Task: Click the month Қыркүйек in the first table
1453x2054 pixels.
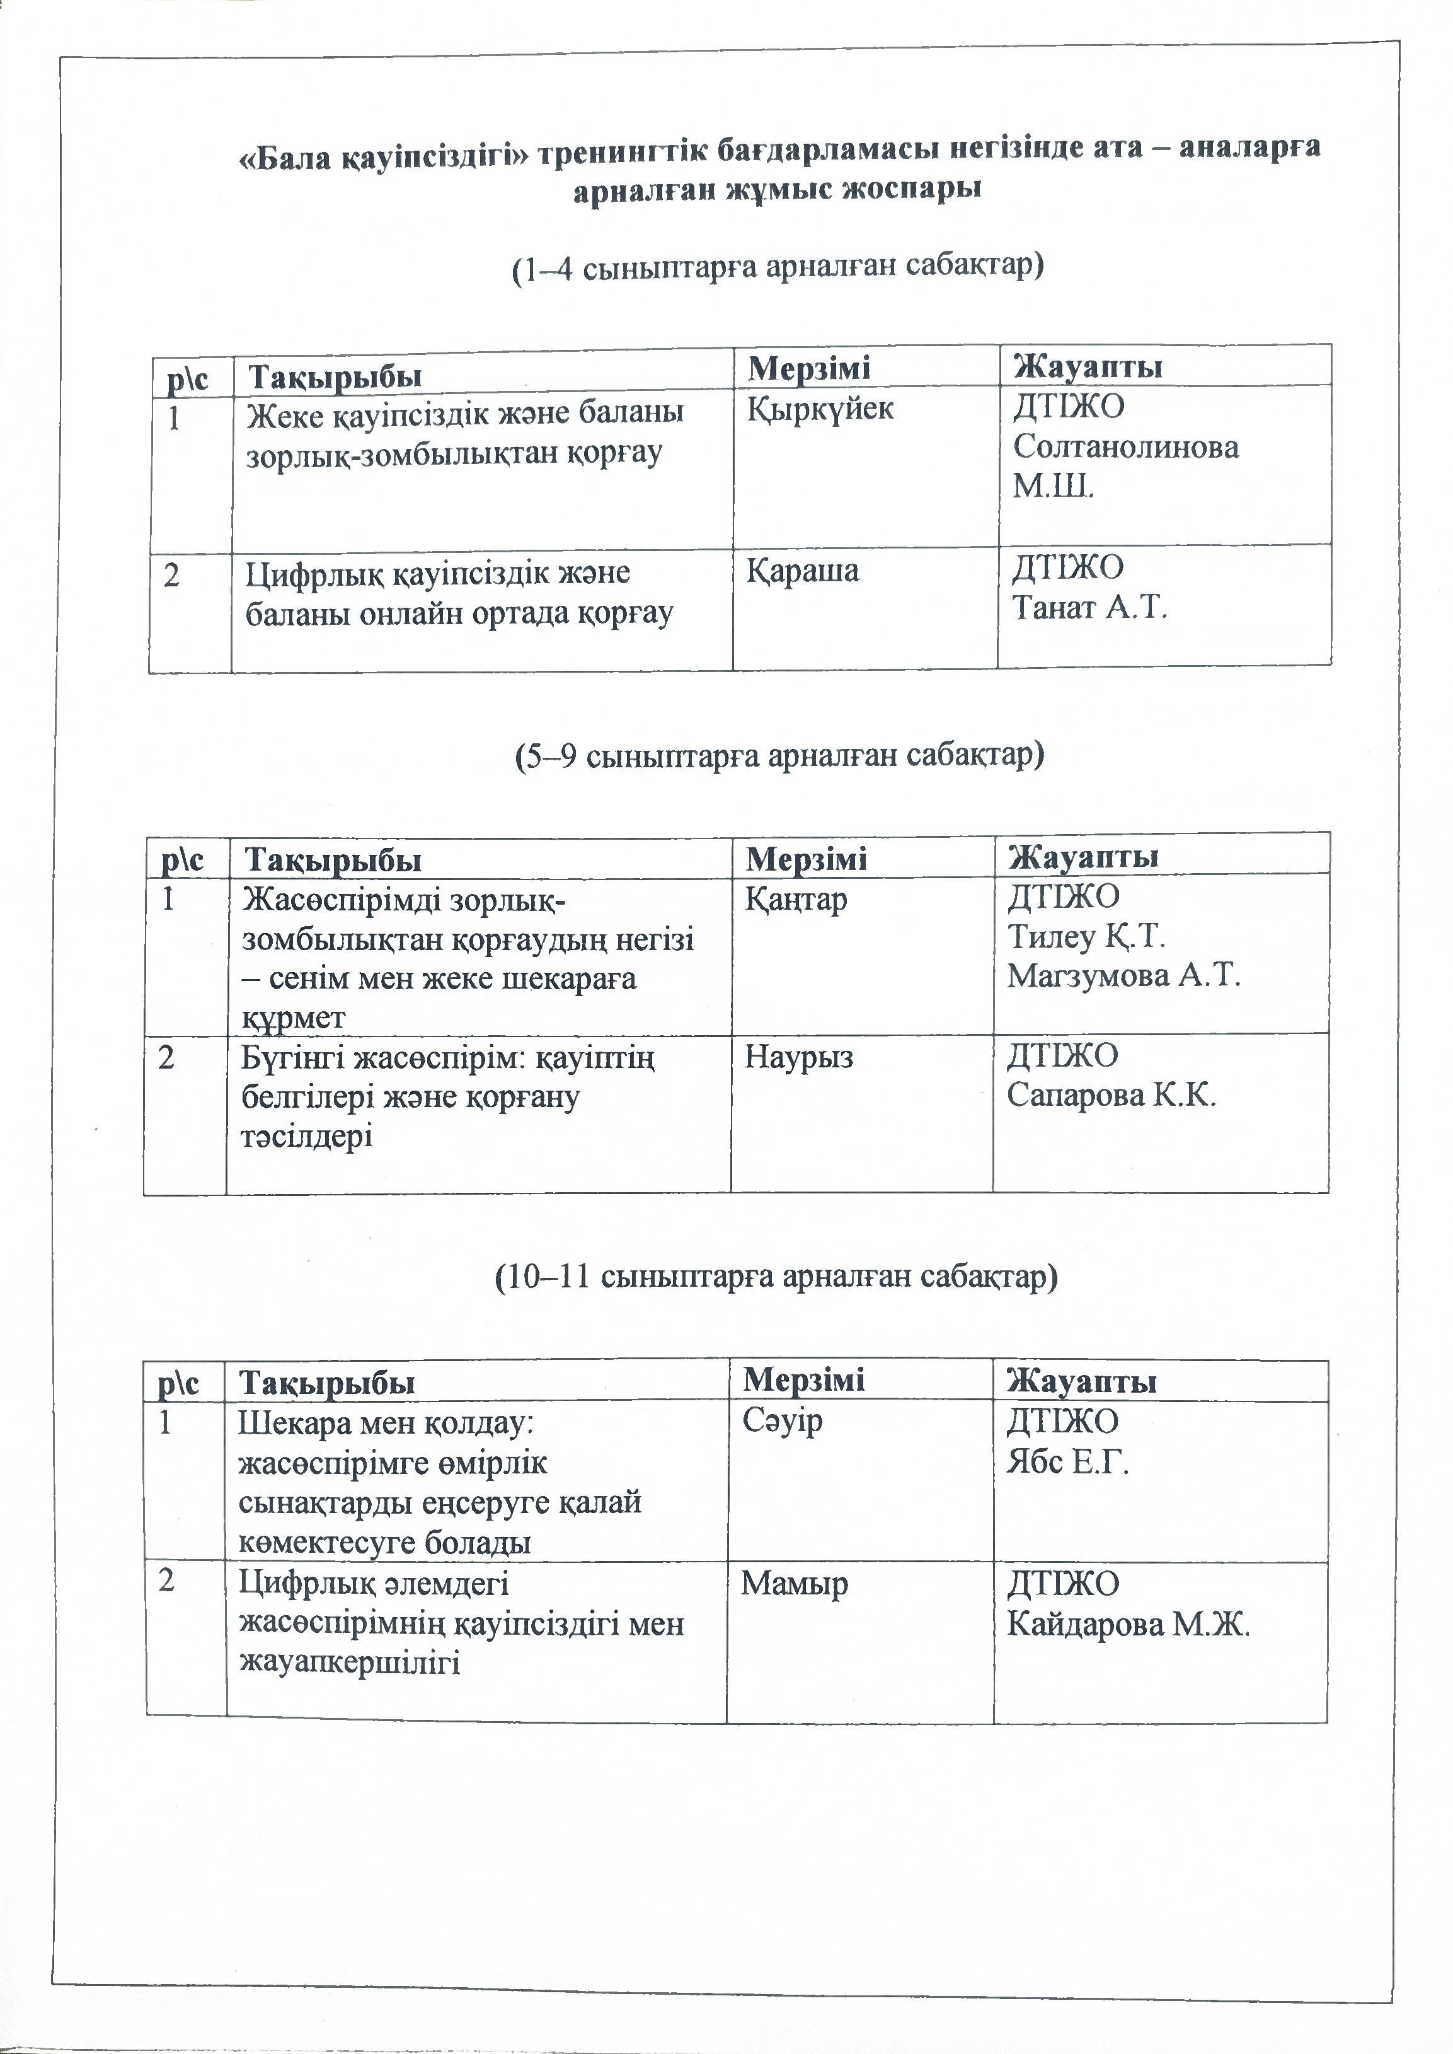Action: (x=820, y=409)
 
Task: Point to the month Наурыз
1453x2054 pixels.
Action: (x=798, y=1057)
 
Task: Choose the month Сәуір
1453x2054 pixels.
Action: (x=782, y=1421)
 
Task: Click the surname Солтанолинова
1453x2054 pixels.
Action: (x=1125, y=446)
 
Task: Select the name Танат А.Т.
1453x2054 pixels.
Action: (x=1090, y=608)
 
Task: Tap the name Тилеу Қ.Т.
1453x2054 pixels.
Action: (x=1086, y=936)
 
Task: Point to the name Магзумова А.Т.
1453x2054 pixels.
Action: (x=1123, y=975)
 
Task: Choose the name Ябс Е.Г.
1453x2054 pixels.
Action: (x=1068, y=1461)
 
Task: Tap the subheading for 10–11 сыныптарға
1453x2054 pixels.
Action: (x=776, y=1276)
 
